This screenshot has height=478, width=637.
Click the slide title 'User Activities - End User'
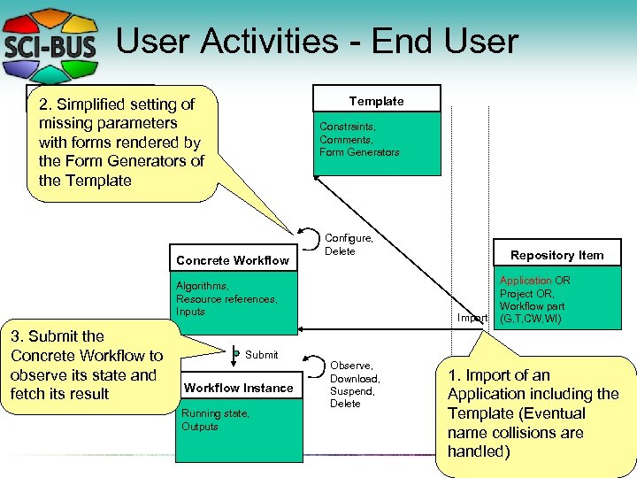[x=316, y=41]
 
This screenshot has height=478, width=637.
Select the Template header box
[x=376, y=101]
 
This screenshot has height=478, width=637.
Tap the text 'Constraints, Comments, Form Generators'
[x=359, y=139]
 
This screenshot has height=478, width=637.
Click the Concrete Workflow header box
[x=233, y=260]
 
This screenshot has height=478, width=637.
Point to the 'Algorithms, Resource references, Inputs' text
[x=226, y=298]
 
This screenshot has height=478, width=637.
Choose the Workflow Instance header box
[x=238, y=388]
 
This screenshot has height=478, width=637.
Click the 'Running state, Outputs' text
[x=215, y=420]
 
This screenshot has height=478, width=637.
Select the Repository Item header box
[x=556, y=255]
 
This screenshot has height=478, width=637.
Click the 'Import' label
[x=472, y=318]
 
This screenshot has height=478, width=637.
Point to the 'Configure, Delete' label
[x=349, y=244]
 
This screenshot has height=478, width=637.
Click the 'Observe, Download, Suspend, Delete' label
[x=354, y=384]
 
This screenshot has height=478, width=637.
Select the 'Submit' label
[x=261, y=355]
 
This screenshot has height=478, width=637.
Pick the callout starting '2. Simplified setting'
[x=121, y=142]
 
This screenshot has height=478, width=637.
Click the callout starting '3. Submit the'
[x=86, y=365]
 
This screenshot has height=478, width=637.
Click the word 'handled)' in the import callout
[x=479, y=451]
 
